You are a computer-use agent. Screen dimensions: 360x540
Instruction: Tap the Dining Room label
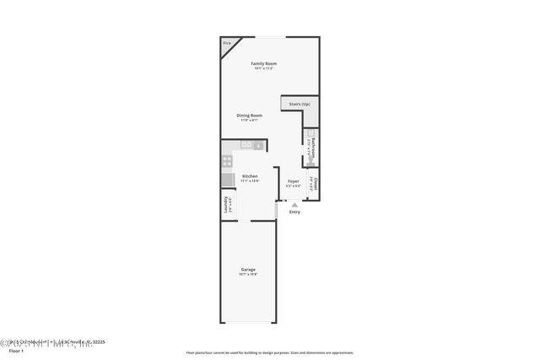[249, 116]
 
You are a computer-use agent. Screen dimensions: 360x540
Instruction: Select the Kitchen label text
[249, 176]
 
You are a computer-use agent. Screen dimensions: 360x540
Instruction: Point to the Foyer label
[294, 181]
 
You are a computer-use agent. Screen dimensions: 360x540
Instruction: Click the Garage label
[249, 270]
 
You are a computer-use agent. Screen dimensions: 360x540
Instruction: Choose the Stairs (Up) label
[300, 104]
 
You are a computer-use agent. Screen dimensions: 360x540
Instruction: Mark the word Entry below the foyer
[294, 212]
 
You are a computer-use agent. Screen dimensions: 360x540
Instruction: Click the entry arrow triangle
[294, 204]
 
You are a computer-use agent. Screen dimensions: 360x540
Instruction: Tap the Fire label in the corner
[227, 43]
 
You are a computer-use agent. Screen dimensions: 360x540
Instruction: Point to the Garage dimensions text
[249, 274]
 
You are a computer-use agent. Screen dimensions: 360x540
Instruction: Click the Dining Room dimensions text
[249, 120]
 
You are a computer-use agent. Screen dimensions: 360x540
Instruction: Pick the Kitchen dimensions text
[249, 180]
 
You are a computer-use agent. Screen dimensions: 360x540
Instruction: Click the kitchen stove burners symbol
[226, 159]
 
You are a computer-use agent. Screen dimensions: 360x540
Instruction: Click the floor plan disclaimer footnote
[270, 352]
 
